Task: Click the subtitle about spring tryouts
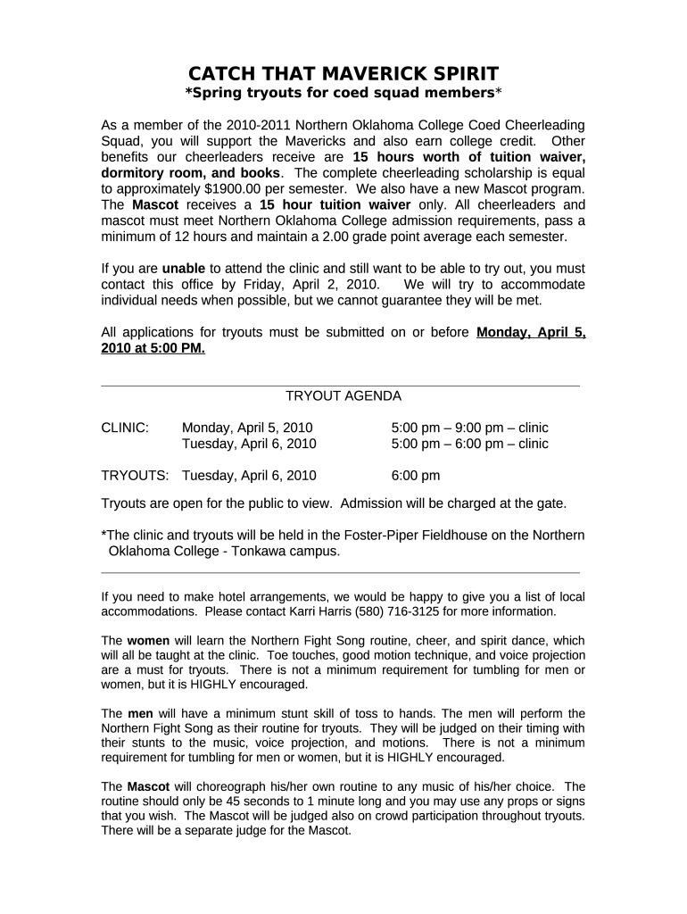343,94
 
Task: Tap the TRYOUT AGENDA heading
343,395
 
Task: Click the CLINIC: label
125,428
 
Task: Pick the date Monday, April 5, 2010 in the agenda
247,428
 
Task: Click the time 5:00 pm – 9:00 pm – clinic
470,428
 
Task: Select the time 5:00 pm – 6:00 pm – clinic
470,444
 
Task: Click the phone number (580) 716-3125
393,611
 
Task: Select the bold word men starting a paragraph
141,714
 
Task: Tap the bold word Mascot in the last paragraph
148,786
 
